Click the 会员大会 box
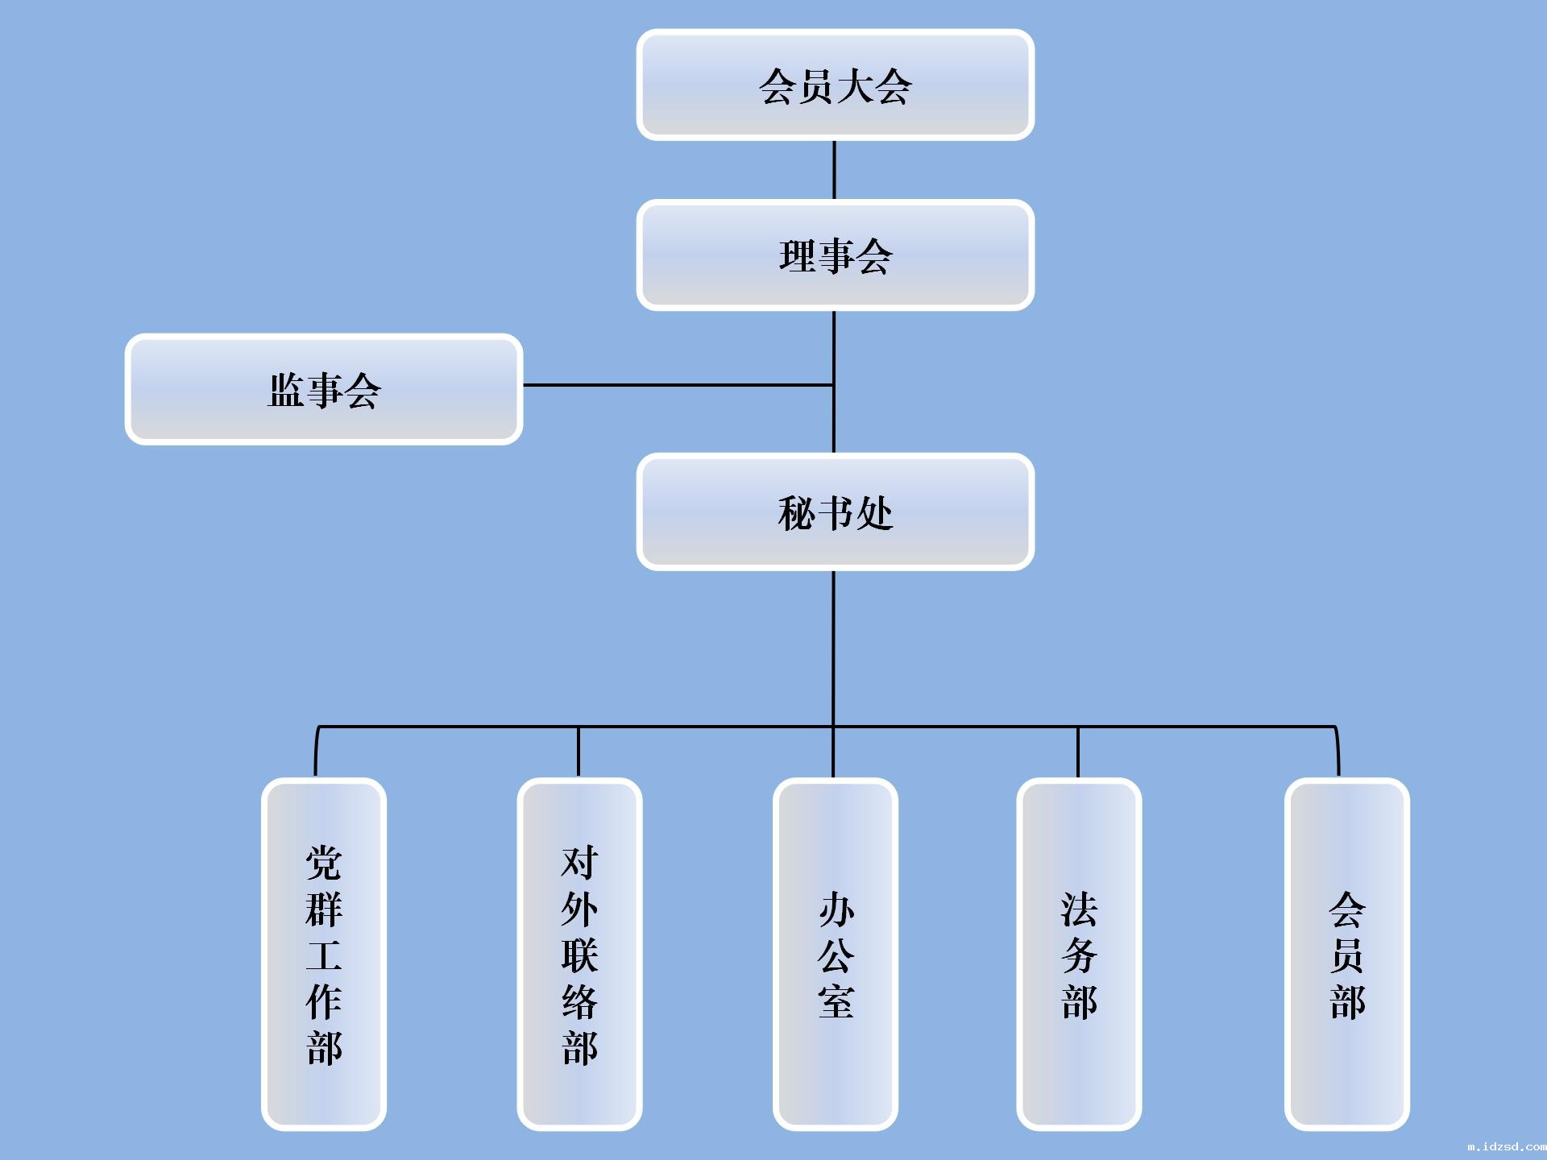(x=835, y=85)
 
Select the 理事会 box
(x=835, y=255)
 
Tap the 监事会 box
(x=324, y=389)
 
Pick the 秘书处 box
(x=835, y=512)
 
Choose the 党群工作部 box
(x=324, y=955)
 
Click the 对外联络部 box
(x=579, y=955)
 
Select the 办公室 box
(x=836, y=955)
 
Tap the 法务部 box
(x=1079, y=955)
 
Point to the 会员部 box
(x=1347, y=955)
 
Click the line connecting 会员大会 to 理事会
(x=834, y=170)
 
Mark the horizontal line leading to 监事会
(x=678, y=385)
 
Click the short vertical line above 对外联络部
(x=579, y=752)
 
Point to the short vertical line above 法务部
(x=1078, y=752)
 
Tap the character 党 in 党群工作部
(x=324, y=863)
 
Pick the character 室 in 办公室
(x=836, y=1001)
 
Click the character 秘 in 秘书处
(x=797, y=513)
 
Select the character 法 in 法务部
(x=1079, y=909)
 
